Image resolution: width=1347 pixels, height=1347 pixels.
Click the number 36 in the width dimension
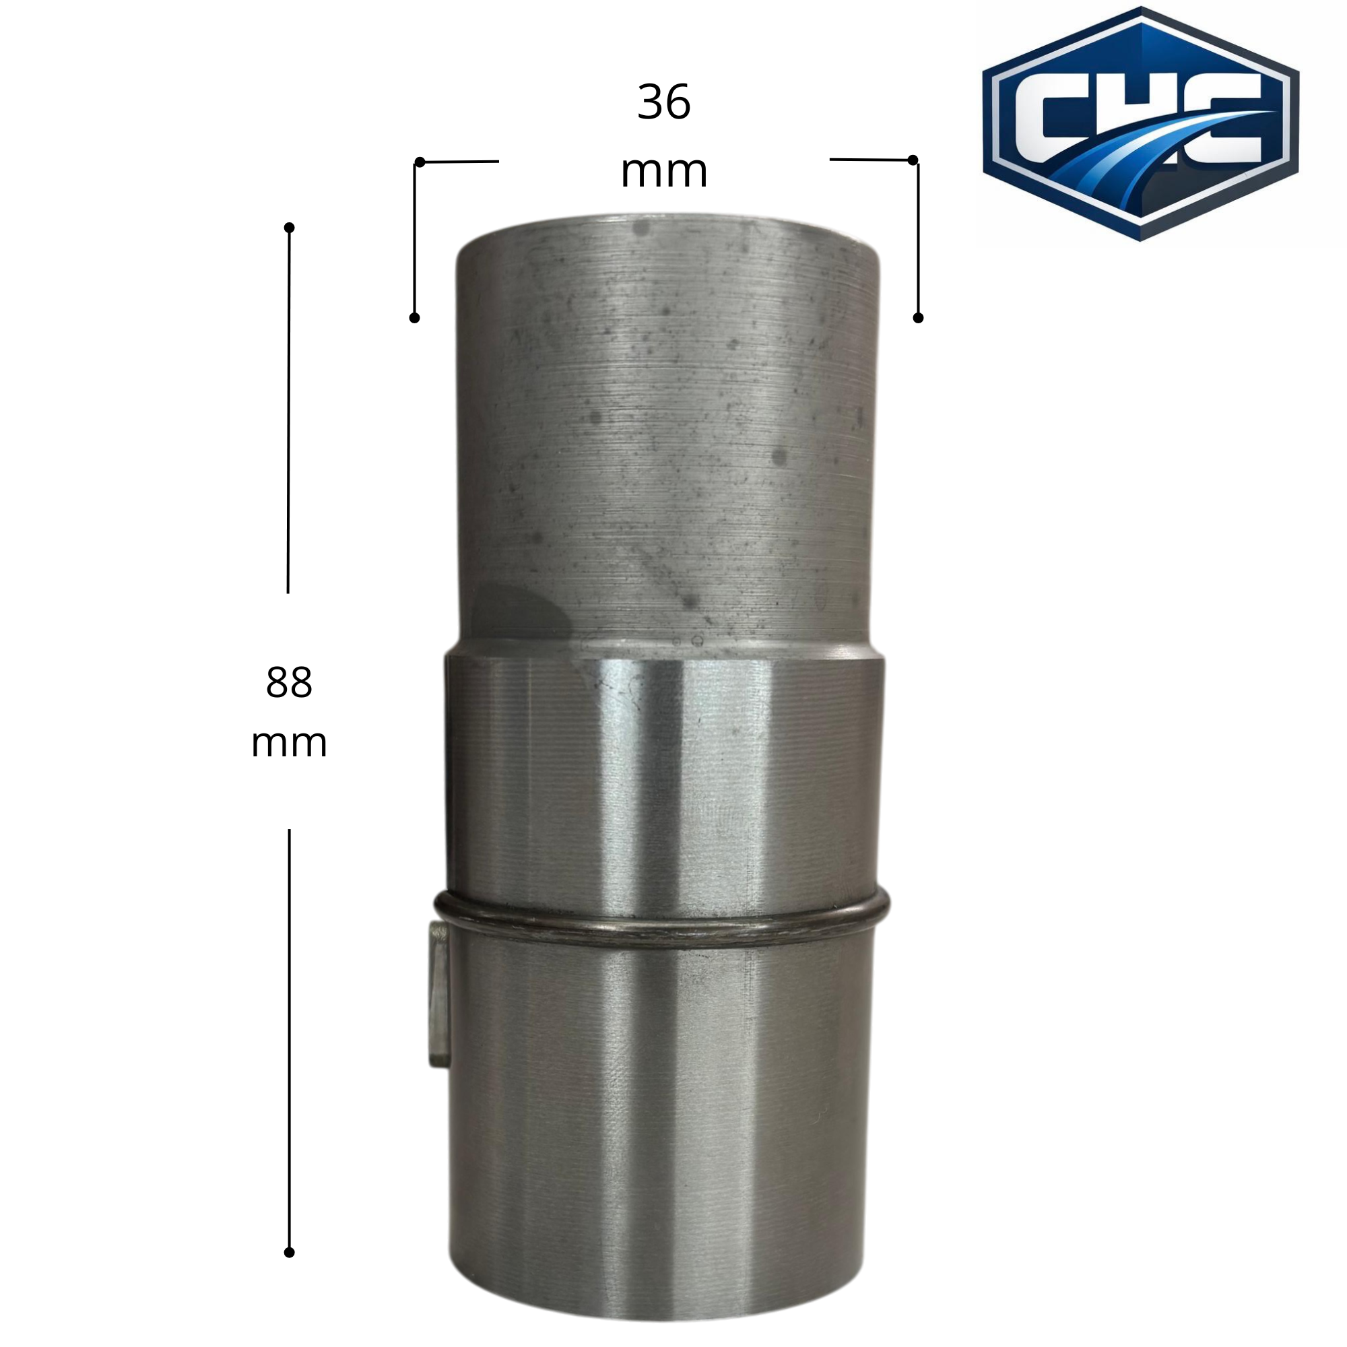click(x=664, y=102)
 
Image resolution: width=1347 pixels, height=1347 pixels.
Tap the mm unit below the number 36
click(x=664, y=172)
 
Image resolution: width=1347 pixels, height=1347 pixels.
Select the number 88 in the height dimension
click(x=289, y=682)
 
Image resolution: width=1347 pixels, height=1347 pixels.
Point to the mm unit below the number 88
click(x=289, y=744)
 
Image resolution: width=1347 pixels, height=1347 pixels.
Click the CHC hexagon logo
click(x=1141, y=124)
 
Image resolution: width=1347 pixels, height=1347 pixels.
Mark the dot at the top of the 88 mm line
click(x=290, y=227)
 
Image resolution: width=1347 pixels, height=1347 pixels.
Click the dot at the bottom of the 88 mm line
click(x=290, y=1272)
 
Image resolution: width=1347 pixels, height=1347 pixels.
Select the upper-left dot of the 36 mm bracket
click(x=420, y=162)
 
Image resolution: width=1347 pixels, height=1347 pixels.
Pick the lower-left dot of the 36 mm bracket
click(x=414, y=318)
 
